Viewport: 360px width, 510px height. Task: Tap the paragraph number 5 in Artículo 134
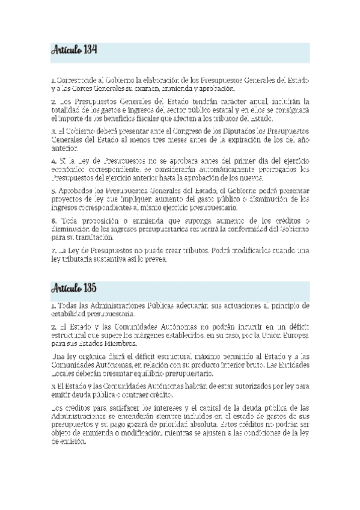(53, 190)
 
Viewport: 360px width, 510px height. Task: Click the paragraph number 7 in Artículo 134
(53, 250)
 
